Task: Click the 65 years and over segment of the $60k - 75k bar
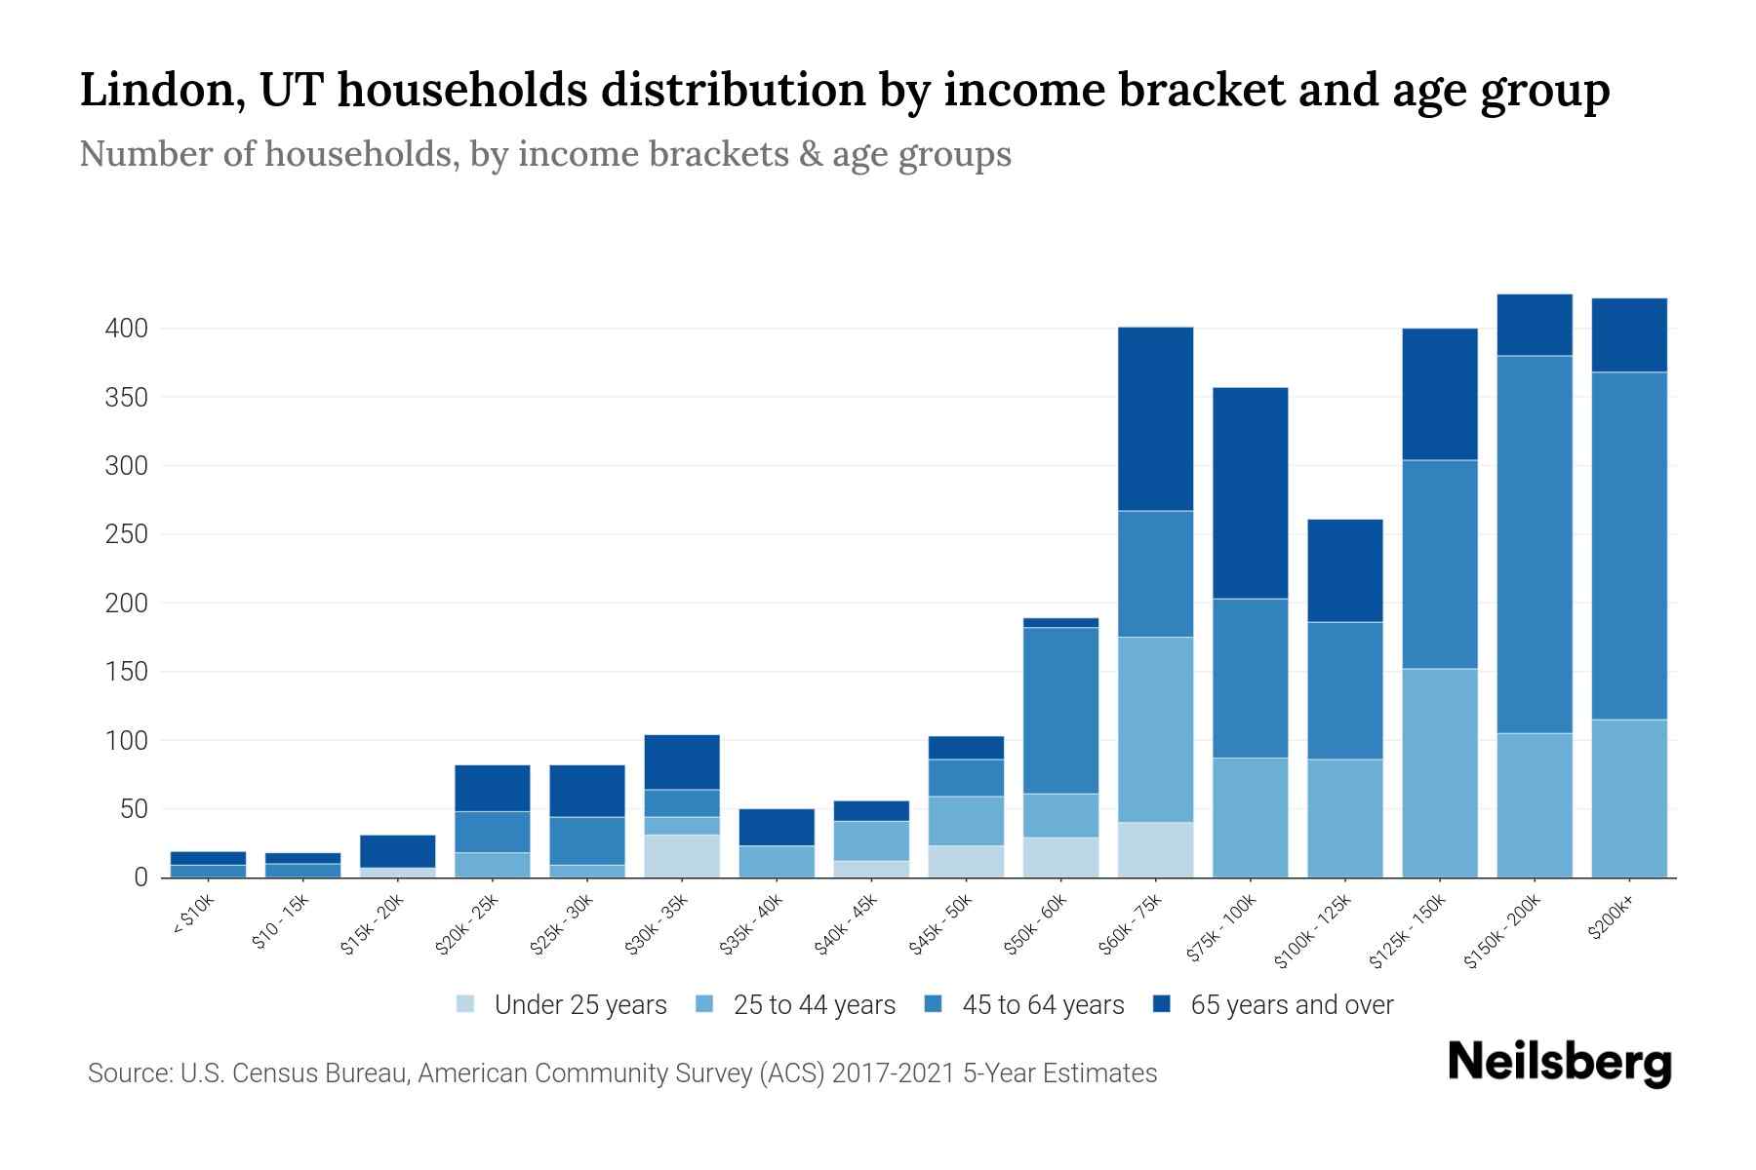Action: [x=1155, y=419]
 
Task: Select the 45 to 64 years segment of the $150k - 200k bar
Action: [x=1535, y=544]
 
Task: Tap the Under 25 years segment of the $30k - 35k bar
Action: [x=682, y=856]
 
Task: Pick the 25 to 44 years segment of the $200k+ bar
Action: [x=1629, y=799]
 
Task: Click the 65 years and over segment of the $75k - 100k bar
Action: [x=1250, y=493]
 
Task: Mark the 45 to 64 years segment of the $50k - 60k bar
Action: [x=1060, y=710]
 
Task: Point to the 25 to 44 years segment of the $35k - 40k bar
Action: [x=777, y=861]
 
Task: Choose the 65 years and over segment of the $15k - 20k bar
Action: [x=397, y=851]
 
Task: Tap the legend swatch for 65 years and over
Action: [x=1162, y=1004]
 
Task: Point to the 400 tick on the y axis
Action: [x=127, y=329]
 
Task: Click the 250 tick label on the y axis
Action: [x=127, y=534]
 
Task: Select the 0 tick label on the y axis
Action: [x=140, y=877]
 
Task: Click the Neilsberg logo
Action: [x=1559, y=1063]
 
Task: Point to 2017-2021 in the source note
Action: [x=894, y=1073]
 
